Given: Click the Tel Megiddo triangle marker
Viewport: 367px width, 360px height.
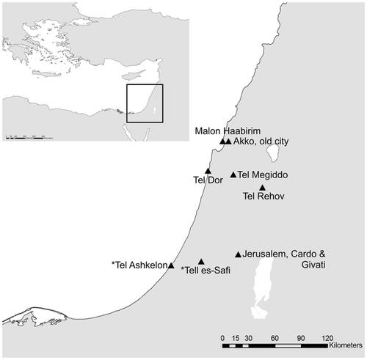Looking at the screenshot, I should tap(233, 175).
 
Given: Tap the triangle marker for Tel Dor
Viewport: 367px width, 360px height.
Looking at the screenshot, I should tap(208, 171).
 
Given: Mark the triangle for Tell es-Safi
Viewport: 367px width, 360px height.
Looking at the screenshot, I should tap(201, 261).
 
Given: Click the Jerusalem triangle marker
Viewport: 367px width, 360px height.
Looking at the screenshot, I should tap(238, 254).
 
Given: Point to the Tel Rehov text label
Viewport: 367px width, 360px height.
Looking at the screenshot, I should tap(264, 197).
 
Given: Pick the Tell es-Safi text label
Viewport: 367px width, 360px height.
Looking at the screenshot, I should tap(204, 271).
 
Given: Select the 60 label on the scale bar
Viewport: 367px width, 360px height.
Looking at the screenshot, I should tap(274, 337).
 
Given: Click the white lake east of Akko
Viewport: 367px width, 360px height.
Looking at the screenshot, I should tap(272, 153).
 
